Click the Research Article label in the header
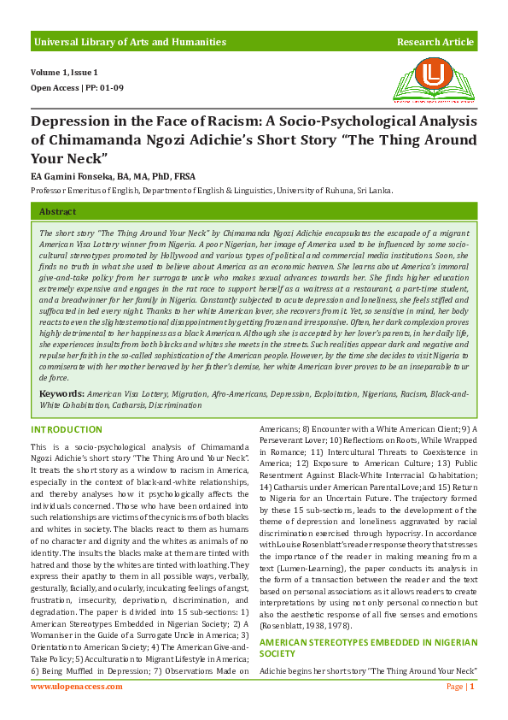pos(435,42)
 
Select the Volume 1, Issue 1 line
pos(64,73)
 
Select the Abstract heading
pos(57,211)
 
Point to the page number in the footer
pos(472,687)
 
